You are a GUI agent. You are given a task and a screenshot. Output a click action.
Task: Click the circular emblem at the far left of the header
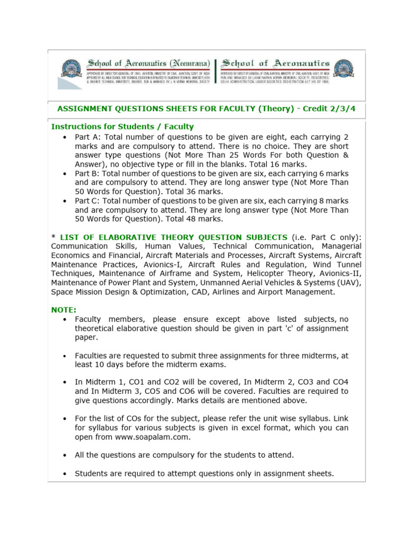pyautogui.click(x=72, y=68)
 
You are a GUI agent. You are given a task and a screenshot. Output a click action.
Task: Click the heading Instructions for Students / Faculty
pyautogui.click(x=122, y=127)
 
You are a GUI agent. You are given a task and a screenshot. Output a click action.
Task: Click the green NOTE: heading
pyautogui.click(x=63, y=310)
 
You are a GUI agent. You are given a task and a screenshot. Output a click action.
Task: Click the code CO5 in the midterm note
pyautogui.click(x=166, y=391)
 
